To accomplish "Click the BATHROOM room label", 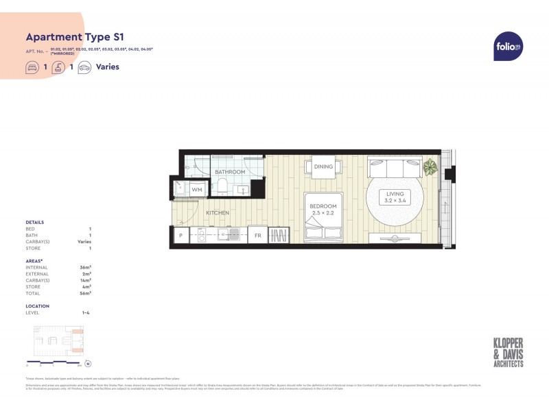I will pos(229,172).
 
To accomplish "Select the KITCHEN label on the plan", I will pos(218,213).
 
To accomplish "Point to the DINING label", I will pos(323,166).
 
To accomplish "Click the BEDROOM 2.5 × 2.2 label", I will pos(323,209).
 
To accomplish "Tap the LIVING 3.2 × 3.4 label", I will pos(399,197).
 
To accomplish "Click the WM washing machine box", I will pos(197,189).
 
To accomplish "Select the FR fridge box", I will pos(258,236).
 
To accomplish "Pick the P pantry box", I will pos(180,236).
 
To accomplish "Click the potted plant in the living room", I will pos(430,166).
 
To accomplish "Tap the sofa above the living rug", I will pos(394,168).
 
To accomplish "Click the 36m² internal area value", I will pos(86,268).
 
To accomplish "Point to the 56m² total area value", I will pos(86,293).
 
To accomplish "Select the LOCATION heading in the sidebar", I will pos(37,306).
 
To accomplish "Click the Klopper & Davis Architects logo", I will pos(509,353).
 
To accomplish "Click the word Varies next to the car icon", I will pos(108,67).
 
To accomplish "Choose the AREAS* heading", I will pos(34,261).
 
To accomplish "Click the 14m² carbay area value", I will pos(86,281).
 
